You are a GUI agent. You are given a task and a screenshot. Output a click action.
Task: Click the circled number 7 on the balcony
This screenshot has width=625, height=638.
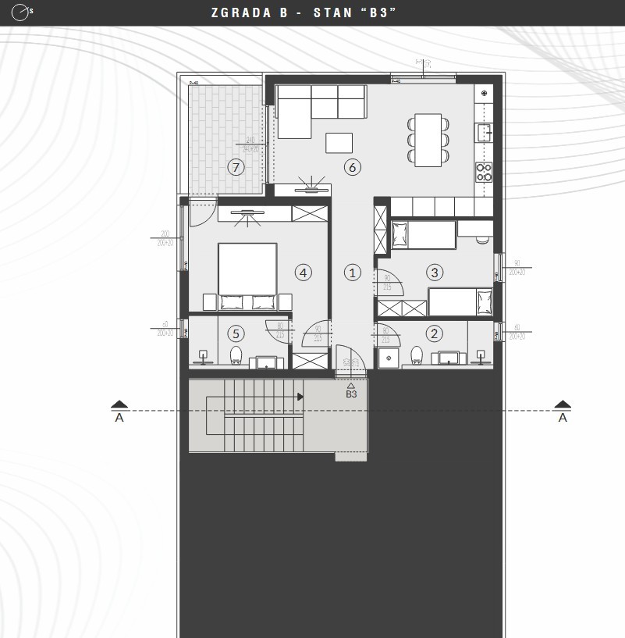[x=235, y=166]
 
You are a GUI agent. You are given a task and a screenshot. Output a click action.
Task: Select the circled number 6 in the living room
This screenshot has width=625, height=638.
[x=352, y=166]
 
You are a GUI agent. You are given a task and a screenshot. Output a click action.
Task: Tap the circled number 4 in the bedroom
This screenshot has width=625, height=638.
[x=304, y=272]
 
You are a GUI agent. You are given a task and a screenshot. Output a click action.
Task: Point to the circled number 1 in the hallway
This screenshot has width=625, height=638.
[x=353, y=273]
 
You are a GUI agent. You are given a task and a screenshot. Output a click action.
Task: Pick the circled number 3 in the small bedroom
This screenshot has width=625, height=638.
[x=435, y=272]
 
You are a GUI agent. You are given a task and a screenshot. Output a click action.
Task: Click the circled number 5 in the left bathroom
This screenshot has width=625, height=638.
[x=236, y=333]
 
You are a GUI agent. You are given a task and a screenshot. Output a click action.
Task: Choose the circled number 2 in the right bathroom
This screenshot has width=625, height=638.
[x=435, y=333]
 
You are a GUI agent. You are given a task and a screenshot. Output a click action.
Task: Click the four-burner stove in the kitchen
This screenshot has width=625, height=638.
[x=485, y=172]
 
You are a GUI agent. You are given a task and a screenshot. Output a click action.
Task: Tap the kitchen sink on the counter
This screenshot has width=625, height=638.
[x=485, y=132]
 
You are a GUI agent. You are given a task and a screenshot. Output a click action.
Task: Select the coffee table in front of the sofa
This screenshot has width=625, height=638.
[x=339, y=143]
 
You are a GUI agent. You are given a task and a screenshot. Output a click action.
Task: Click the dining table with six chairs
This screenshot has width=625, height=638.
[x=428, y=140]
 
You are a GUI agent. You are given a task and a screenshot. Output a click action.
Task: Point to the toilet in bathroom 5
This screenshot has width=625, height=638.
[x=236, y=357]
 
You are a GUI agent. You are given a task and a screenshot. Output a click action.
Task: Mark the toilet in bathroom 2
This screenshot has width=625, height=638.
[x=417, y=356]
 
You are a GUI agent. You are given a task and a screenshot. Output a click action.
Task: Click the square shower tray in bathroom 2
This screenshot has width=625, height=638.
[x=389, y=356]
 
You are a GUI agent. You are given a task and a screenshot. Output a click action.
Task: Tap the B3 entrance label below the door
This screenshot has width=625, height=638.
[x=351, y=394]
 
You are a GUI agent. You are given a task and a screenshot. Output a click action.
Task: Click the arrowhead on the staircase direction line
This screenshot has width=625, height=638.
[x=300, y=397]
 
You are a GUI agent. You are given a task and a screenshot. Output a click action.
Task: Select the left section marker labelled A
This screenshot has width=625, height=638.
[x=119, y=410]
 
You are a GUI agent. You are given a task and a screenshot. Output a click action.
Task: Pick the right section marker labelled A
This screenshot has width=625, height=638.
[x=563, y=410]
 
